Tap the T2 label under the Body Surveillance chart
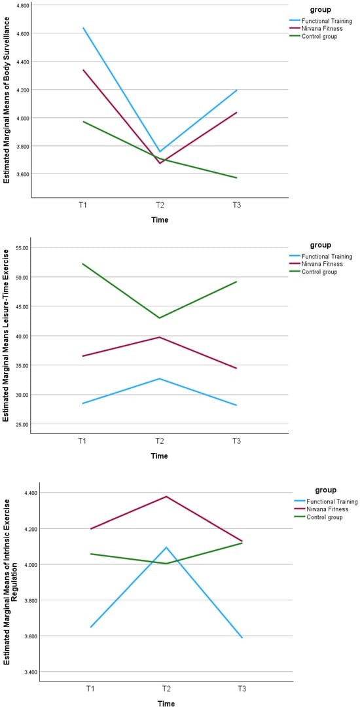pyautogui.click(x=159, y=206)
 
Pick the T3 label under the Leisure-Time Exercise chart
pyautogui.click(x=236, y=441)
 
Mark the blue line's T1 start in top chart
pyautogui.click(x=83, y=28)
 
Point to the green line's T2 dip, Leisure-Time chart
pyautogui.click(x=159, y=318)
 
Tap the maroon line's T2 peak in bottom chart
pyautogui.click(x=167, y=496)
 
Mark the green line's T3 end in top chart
pyautogui.click(x=236, y=177)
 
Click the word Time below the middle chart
pyautogui.click(x=159, y=456)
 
